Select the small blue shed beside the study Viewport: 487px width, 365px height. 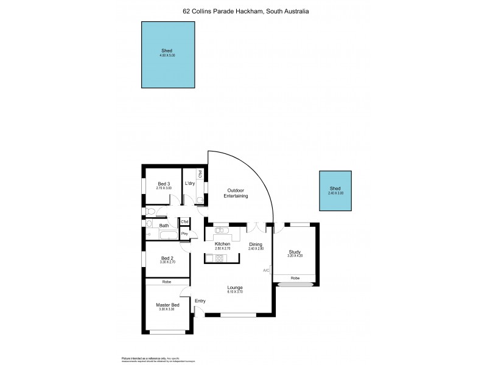336,191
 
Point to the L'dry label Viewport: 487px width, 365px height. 189,183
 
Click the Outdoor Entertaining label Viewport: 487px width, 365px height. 237,193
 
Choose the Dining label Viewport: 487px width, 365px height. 255,244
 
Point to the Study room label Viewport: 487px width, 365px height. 295,252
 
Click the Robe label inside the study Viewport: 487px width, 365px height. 295,277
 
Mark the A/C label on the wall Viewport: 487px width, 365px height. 266,269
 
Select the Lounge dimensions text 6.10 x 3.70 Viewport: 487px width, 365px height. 236,292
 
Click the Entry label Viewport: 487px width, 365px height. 200,301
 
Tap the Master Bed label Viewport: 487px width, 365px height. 167,305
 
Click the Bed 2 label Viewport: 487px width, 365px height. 167,258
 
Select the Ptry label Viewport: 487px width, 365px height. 184,234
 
